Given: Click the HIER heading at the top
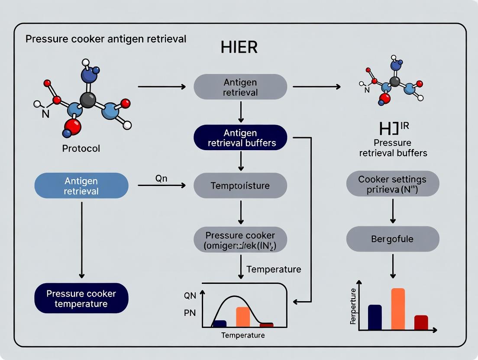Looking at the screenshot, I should [x=239, y=47].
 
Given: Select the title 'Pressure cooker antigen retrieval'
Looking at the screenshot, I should [x=106, y=39].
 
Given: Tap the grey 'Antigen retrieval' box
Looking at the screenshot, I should [x=240, y=87].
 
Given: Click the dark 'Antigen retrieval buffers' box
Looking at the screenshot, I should [x=240, y=138].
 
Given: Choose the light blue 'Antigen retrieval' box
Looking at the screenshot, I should [x=81, y=186].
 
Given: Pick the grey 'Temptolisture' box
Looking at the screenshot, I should [x=240, y=186].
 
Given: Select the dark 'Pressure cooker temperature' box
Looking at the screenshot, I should [x=81, y=298].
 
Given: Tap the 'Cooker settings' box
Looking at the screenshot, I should [x=392, y=184].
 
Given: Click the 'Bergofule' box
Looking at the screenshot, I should [x=392, y=239].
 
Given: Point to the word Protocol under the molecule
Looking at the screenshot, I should [x=81, y=148].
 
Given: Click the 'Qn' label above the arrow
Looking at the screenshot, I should [x=161, y=178].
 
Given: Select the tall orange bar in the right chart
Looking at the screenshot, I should [x=397, y=309].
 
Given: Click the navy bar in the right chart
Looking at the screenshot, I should [x=375, y=317].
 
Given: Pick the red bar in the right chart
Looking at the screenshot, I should [x=421, y=322].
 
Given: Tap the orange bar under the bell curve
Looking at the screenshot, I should [x=243, y=317].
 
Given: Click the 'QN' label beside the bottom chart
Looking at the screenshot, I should [x=190, y=296].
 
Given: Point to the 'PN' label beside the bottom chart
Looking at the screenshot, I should [x=190, y=313].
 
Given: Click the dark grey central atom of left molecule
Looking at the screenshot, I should [x=88, y=100].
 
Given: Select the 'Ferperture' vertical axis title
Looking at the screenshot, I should [x=353, y=306].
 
